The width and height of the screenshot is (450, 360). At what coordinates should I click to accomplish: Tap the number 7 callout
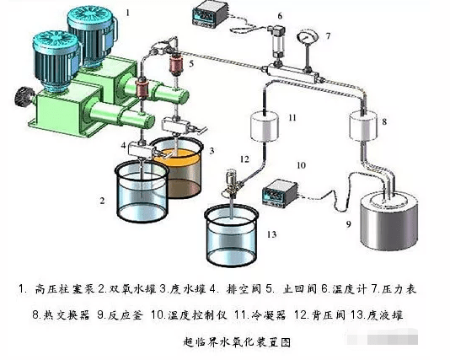coord(328,35)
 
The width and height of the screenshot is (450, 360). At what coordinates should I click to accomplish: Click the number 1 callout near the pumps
coord(128,13)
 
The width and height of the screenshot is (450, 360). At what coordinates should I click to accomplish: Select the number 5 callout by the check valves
coord(191,62)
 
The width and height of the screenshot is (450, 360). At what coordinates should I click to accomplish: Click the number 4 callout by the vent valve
coord(123,145)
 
